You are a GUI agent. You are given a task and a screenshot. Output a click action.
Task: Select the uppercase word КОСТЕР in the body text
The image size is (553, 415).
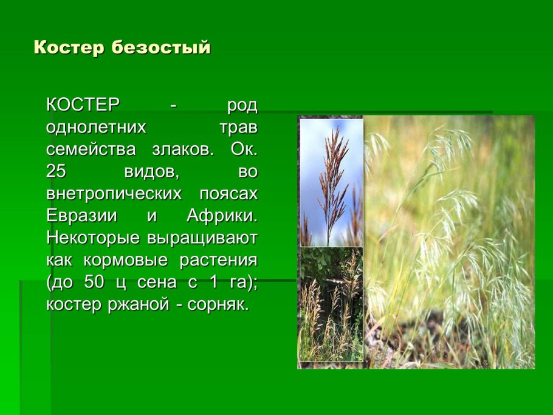[x=83, y=105]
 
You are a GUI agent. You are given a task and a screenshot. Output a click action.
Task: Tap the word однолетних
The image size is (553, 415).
[x=96, y=127]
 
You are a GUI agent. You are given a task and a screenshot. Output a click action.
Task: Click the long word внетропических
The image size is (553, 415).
[x=114, y=194]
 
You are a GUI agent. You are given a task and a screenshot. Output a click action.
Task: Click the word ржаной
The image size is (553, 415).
[x=134, y=304]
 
